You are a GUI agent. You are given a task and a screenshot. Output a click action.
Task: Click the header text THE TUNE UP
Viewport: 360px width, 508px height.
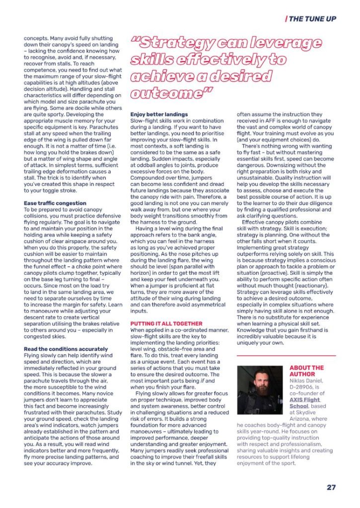(x=312, y=19)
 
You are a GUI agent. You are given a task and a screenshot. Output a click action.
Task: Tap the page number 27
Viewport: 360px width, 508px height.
(x=331, y=487)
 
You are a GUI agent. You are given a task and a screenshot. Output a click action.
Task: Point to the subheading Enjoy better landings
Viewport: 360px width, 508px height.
(x=159, y=114)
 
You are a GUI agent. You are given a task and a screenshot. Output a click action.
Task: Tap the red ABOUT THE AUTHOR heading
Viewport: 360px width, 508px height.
(x=306, y=371)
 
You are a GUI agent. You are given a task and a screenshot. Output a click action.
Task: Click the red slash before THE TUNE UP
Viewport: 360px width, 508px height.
(x=286, y=19)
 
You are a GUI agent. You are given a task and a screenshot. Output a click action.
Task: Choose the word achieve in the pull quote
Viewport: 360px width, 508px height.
(x=158, y=77)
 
